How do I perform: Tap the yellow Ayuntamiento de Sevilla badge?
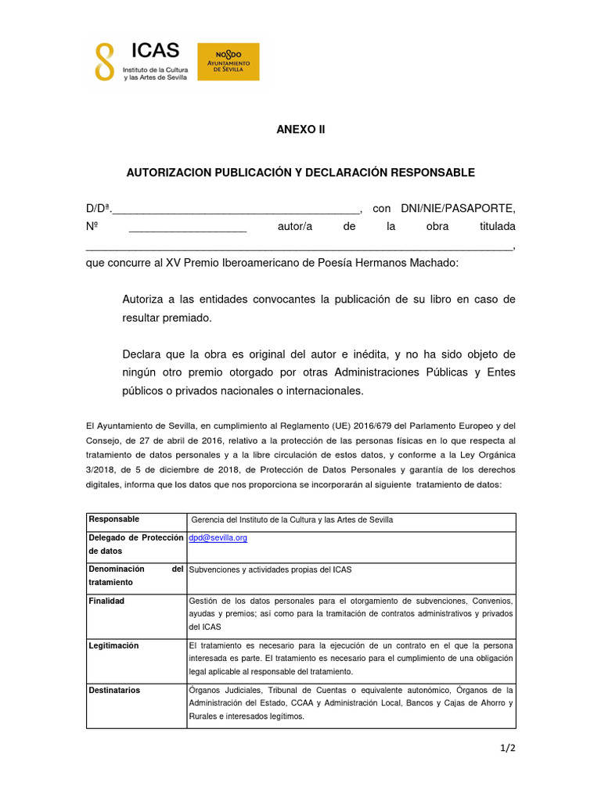228,61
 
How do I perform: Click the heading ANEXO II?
300,130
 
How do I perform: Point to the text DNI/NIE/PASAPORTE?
458,208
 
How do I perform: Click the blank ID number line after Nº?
187,228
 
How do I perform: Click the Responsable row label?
114,519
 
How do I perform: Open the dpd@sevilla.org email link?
218,538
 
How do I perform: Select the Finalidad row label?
107,601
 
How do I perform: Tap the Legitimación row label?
114,645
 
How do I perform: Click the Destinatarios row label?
115,690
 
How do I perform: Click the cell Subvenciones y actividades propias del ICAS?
271,569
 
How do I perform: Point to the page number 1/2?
508,749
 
